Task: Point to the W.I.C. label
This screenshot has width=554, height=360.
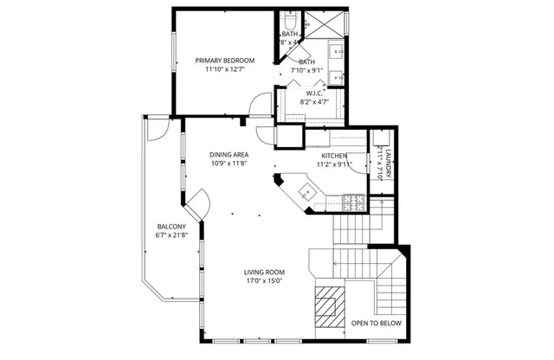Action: tap(314, 93)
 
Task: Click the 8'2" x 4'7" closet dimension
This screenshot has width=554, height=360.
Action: tap(314, 102)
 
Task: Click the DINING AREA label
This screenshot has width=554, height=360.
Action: tap(229, 154)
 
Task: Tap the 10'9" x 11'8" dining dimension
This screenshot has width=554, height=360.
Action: tap(229, 164)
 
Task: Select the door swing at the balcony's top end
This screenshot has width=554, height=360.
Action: tap(156, 129)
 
